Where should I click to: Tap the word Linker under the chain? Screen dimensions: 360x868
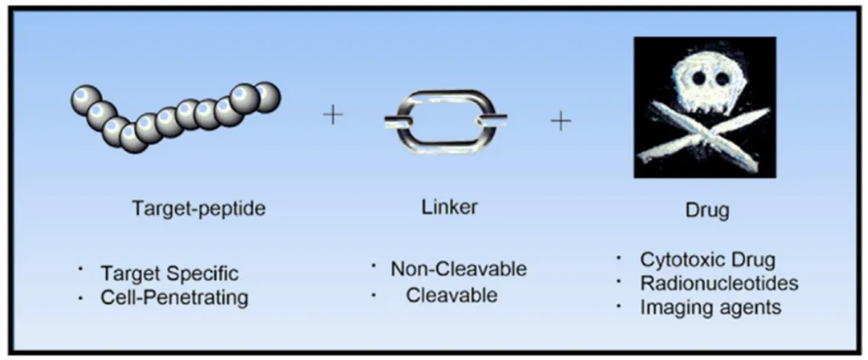pyautogui.click(x=448, y=207)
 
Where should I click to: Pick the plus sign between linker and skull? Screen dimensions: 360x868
pyautogui.click(x=561, y=121)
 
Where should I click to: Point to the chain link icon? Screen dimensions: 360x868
pyautogui.click(x=445, y=120)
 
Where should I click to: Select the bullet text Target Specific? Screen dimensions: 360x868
pyautogui.click(x=170, y=273)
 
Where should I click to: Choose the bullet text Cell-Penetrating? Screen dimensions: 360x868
pyautogui.click(x=174, y=297)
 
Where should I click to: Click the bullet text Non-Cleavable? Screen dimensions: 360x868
pyautogui.click(x=458, y=269)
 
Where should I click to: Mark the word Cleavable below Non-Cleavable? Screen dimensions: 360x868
pyautogui.click(x=452, y=295)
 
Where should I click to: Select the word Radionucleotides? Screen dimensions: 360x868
pyautogui.click(x=719, y=283)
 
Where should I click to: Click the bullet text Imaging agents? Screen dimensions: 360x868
pyautogui.click(x=710, y=307)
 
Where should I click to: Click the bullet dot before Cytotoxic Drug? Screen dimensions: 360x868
pyautogui.click(x=619, y=258)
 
